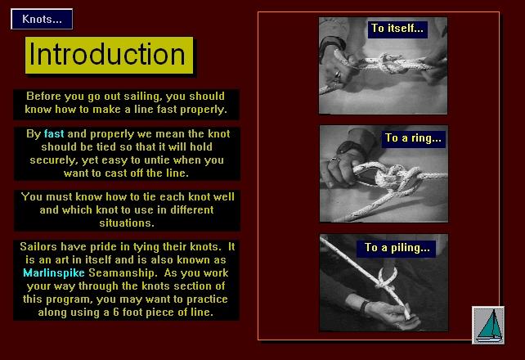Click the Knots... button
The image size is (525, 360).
coord(42,19)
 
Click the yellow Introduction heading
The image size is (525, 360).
coord(109,56)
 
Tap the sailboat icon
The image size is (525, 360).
coord(488,325)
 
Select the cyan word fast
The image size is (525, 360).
coord(54,134)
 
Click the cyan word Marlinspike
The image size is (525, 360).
coord(54,273)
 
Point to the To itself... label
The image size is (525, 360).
coord(397,29)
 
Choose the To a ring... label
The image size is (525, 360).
coord(413,138)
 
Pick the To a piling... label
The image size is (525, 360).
coord(397,248)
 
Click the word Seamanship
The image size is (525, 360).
coord(123,273)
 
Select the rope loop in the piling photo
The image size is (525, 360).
coord(388,277)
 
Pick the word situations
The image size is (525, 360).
coord(127,223)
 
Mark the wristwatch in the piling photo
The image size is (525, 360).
coord(365,307)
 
